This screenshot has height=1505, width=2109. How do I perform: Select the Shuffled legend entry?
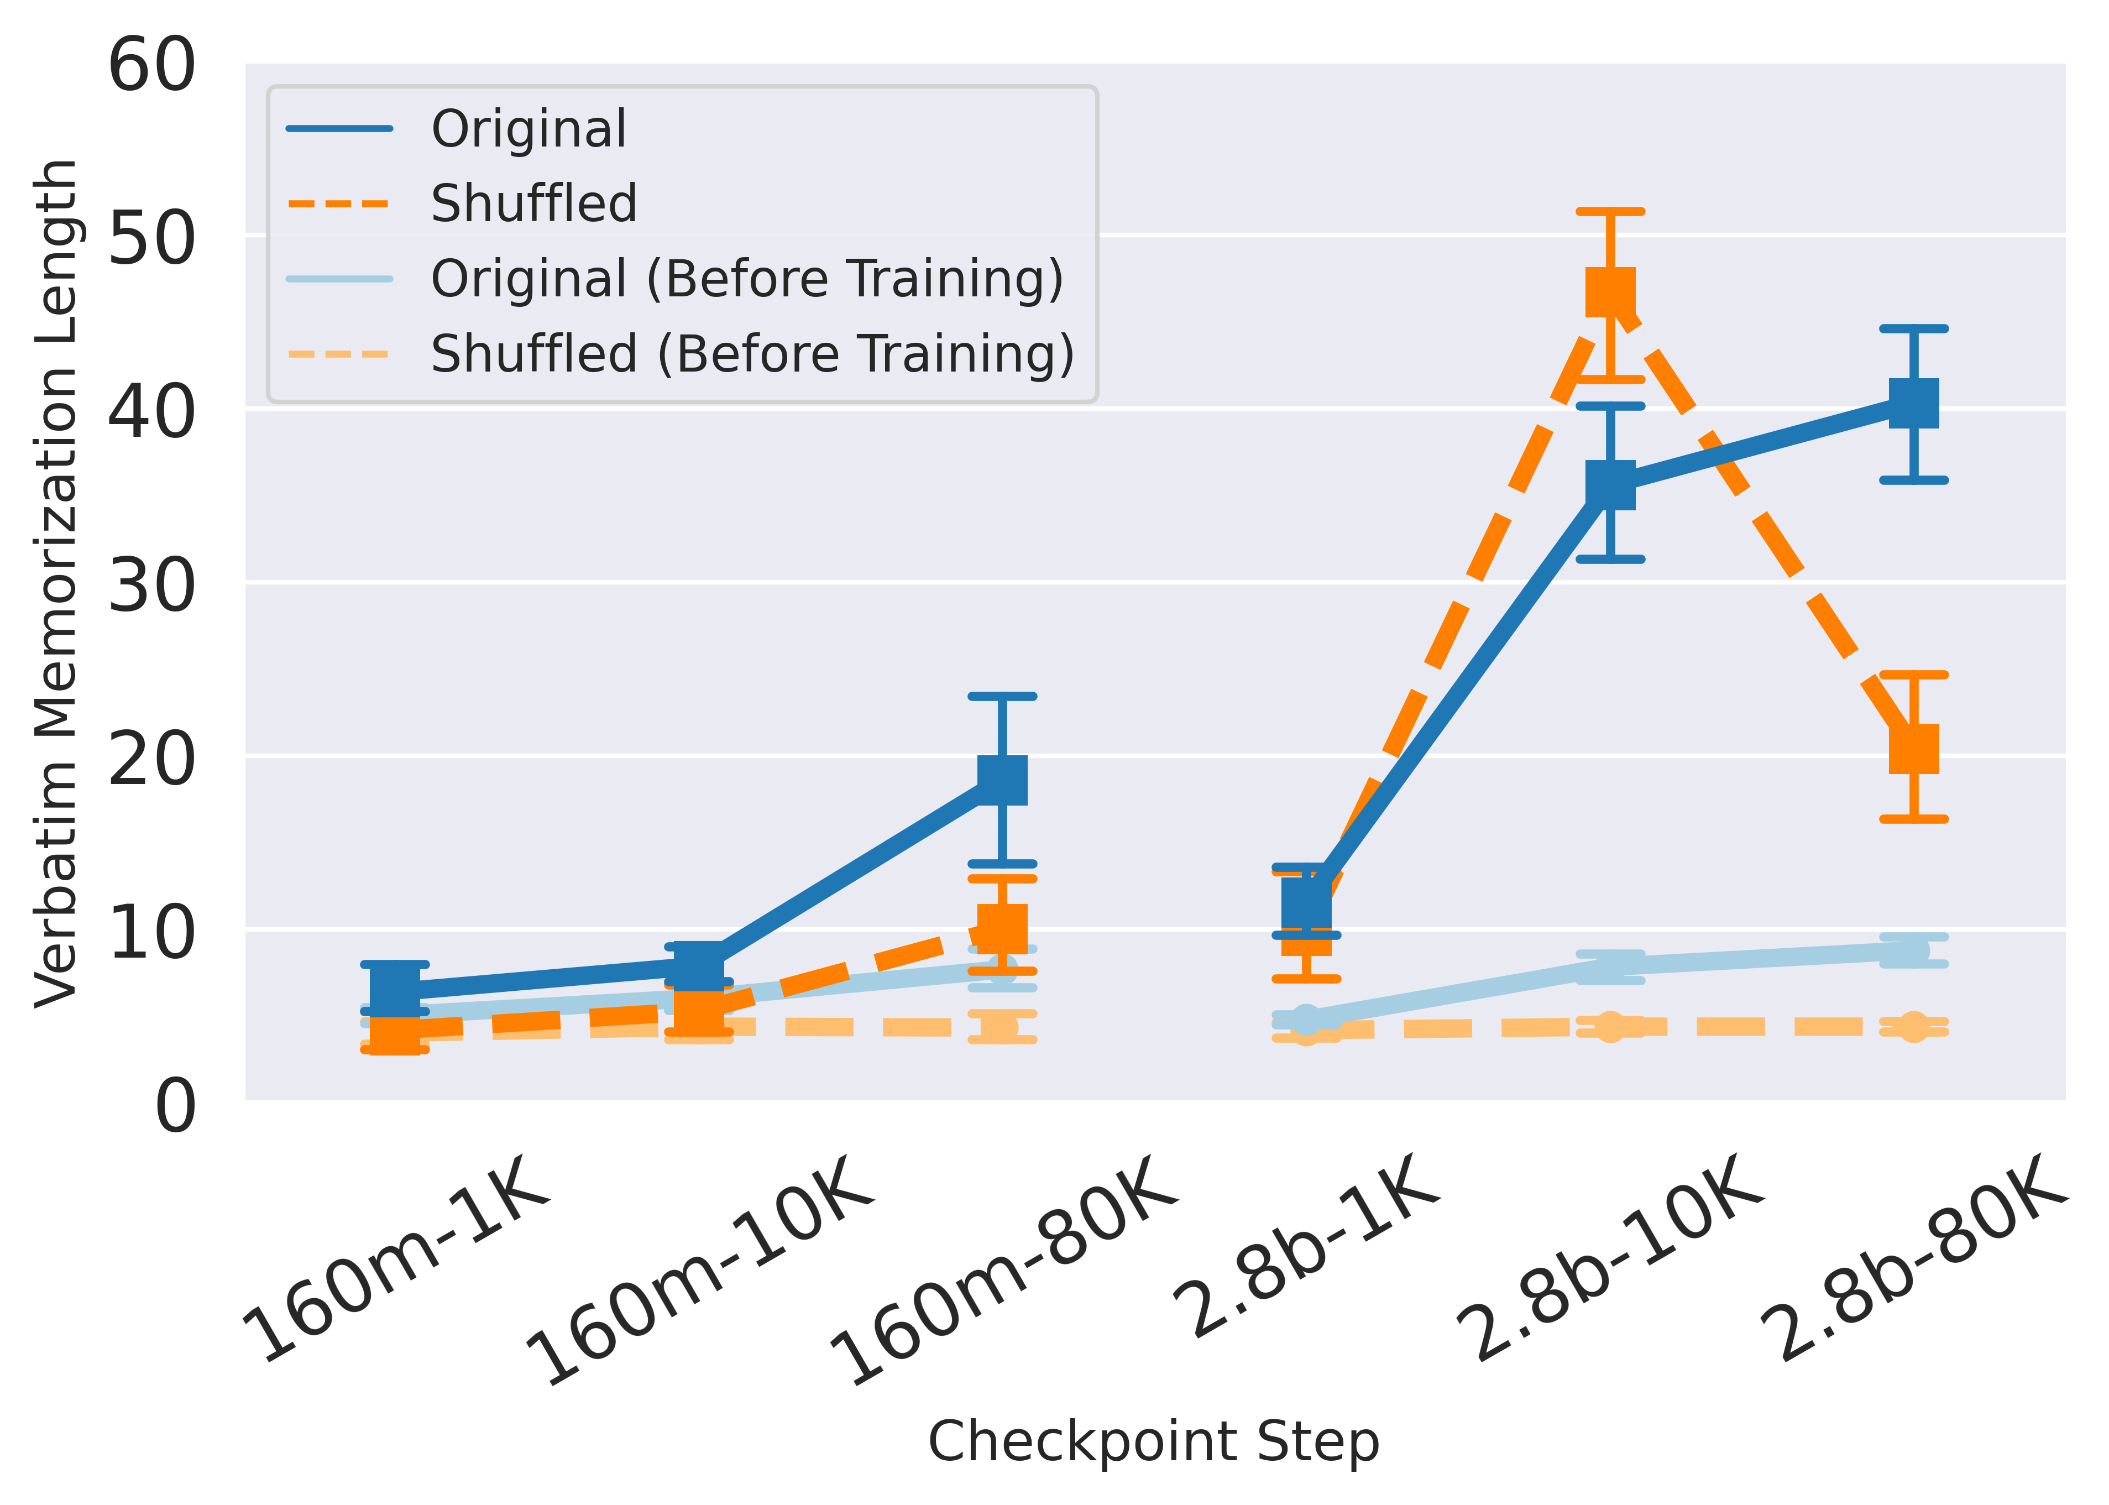click(x=533, y=204)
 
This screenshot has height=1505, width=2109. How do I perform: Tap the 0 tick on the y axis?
click(x=175, y=1106)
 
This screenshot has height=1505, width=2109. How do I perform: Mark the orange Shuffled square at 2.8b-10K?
click(x=1610, y=293)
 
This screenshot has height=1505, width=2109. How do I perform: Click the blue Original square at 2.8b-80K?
click(x=1913, y=403)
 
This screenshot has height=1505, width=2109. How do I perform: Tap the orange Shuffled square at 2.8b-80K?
click(x=1913, y=749)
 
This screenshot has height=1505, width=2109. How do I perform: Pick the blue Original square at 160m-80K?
click(x=1003, y=780)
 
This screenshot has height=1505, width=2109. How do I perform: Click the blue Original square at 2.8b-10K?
click(x=1610, y=485)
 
